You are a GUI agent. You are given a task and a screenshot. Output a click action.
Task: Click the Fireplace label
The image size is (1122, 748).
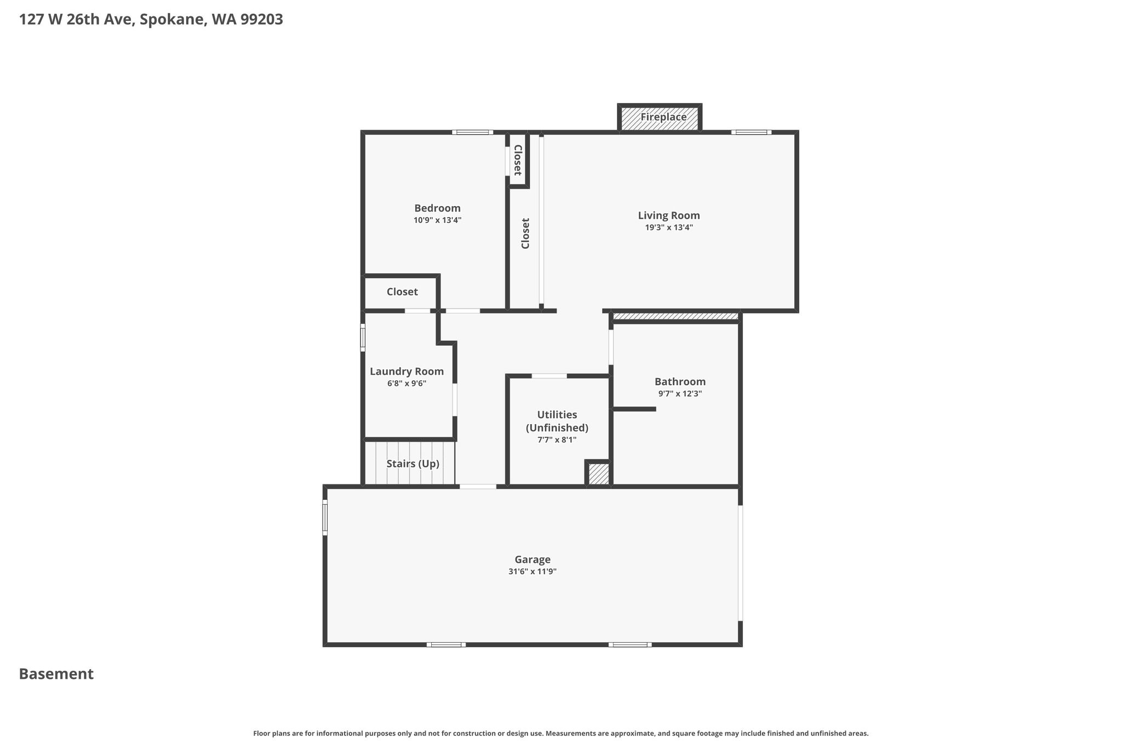tap(663, 117)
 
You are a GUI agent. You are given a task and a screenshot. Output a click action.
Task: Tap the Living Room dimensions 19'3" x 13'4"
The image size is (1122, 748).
tap(669, 227)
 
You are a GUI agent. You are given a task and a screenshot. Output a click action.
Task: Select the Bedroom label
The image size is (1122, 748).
tap(437, 208)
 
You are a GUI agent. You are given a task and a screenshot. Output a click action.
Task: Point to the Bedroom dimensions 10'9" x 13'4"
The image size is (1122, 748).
tap(437, 220)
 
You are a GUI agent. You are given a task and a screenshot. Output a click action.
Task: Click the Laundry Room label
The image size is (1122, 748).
tap(407, 371)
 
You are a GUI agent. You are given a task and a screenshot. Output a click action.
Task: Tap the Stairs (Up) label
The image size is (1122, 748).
tap(413, 464)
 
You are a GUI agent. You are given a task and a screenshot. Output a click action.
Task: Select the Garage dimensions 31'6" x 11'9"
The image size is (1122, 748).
tap(533, 572)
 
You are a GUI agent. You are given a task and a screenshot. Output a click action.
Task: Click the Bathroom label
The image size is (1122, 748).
tap(680, 381)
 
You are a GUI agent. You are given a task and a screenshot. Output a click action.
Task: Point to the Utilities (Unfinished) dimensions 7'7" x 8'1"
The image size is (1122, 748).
tap(557, 439)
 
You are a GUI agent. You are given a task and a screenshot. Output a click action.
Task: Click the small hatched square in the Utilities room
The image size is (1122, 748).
tap(598, 474)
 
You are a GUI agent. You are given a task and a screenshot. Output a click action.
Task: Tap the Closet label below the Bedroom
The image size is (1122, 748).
tap(402, 292)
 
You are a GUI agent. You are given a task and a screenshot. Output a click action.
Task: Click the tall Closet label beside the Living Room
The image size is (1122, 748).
tap(525, 233)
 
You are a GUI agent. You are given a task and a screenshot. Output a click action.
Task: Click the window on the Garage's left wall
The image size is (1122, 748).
tap(325, 517)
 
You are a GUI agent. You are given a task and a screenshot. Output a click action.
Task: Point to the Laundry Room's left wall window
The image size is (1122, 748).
tap(363, 337)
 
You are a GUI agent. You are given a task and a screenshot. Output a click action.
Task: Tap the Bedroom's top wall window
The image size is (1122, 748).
tap(472, 132)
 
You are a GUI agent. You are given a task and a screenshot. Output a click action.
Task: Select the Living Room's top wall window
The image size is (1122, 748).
tap(751, 132)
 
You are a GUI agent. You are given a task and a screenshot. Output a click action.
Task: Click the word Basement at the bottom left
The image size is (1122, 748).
tap(56, 674)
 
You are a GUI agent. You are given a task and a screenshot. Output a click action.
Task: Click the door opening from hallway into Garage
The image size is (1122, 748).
tap(478, 486)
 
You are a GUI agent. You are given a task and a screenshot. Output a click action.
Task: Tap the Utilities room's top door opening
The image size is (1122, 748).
tap(549, 376)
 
